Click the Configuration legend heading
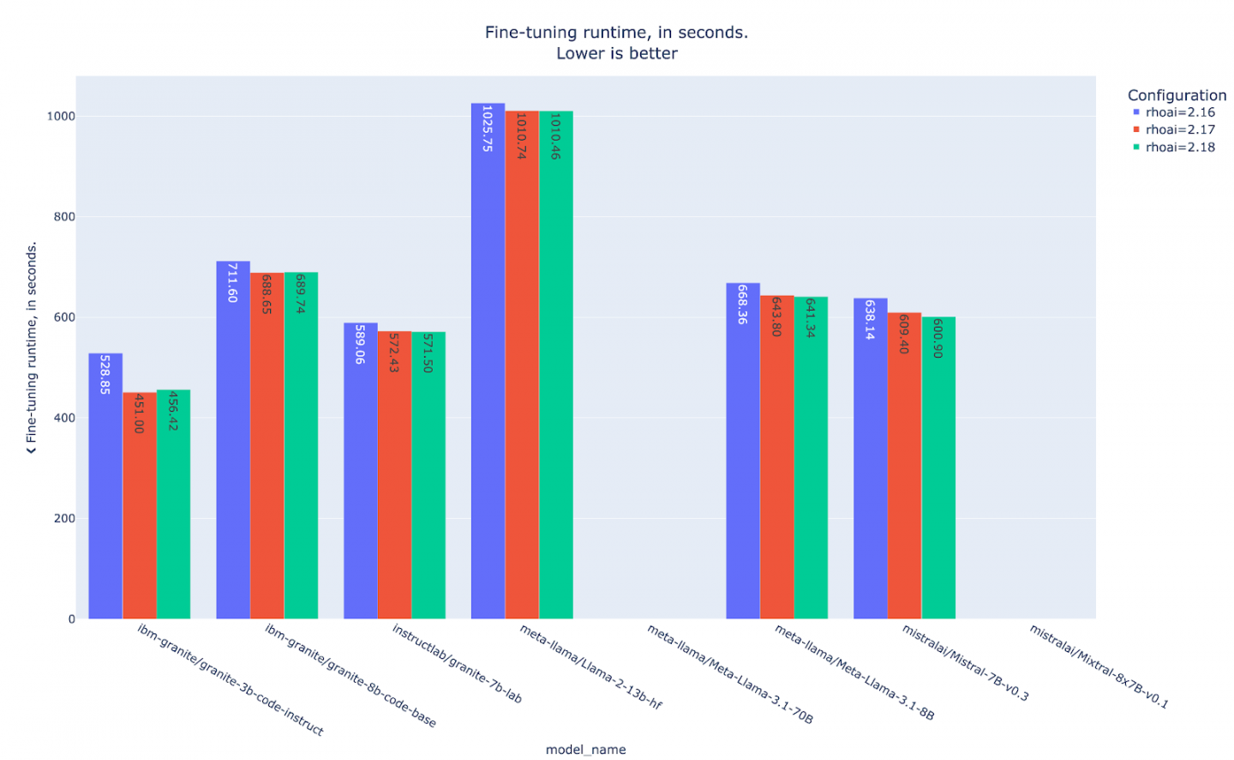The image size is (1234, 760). [1177, 95]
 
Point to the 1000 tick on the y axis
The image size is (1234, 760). [61, 117]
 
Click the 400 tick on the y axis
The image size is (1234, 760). [65, 419]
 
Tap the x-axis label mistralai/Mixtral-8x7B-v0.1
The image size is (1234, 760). [1099, 667]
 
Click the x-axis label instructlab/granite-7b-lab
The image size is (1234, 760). [457, 663]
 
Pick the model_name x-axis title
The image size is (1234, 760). [585, 750]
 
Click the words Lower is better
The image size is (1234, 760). [617, 53]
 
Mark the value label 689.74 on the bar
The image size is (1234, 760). [300, 294]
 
